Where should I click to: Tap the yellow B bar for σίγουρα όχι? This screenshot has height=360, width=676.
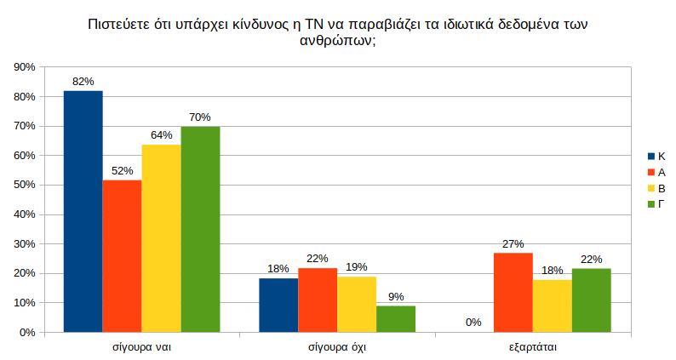(x=357, y=304)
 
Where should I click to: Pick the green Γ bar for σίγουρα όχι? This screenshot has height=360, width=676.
(x=396, y=318)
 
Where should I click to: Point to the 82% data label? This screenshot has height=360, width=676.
(x=83, y=82)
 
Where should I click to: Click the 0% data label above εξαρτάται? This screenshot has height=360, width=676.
(x=474, y=323)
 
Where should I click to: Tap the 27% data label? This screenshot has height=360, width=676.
(x=513, y=243)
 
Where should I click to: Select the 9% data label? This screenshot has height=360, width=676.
(x=396, y=297)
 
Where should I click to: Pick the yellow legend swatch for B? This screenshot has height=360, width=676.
(x=650, y=187)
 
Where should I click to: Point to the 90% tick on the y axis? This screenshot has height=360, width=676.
(x=24, y=67)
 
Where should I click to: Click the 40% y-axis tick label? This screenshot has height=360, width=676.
(x=24, y=214)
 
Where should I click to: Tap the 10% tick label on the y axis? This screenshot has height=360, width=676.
(x=24, y=303)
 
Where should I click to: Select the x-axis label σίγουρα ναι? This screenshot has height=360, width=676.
(x=142, y=348)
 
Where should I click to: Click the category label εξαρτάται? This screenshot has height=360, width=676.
(x=533, y=348)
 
